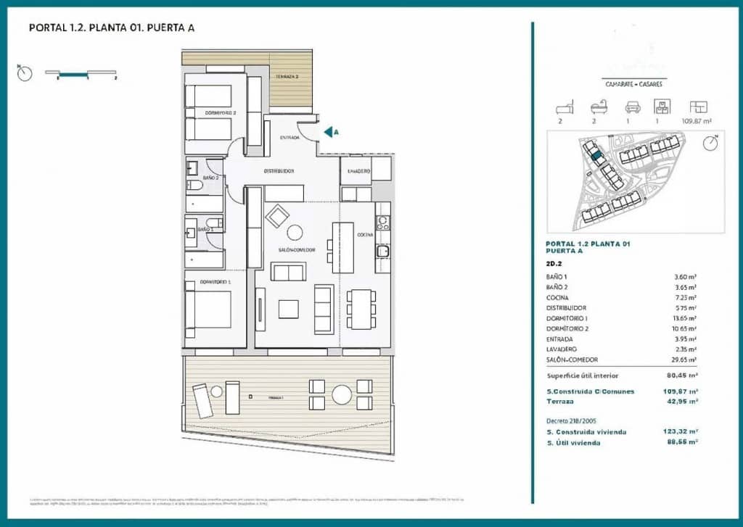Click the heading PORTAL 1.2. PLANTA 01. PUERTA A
tap(111, 28)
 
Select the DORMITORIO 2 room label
tap(220, 113)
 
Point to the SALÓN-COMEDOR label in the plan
tap(297, 249)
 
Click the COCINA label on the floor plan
tap(364, 235)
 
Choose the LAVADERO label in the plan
tap(359, 171)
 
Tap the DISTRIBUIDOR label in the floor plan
tap(278, 171)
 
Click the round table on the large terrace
tap(342, 394)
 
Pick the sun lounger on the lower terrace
tap(202, 400)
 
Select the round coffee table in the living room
tap(295, 232)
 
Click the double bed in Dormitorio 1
tap(208, 310)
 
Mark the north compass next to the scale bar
tap(25, 73)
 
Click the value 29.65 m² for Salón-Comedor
tap(684, 360)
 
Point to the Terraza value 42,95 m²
tap(684, 401)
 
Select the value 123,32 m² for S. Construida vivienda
tap(684, 432)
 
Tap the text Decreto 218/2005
tap(571, 420)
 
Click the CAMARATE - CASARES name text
tap(633, 84)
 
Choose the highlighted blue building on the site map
tap(596, 154)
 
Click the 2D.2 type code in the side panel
tap(555, 264)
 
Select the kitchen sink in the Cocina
tap(382, 251)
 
